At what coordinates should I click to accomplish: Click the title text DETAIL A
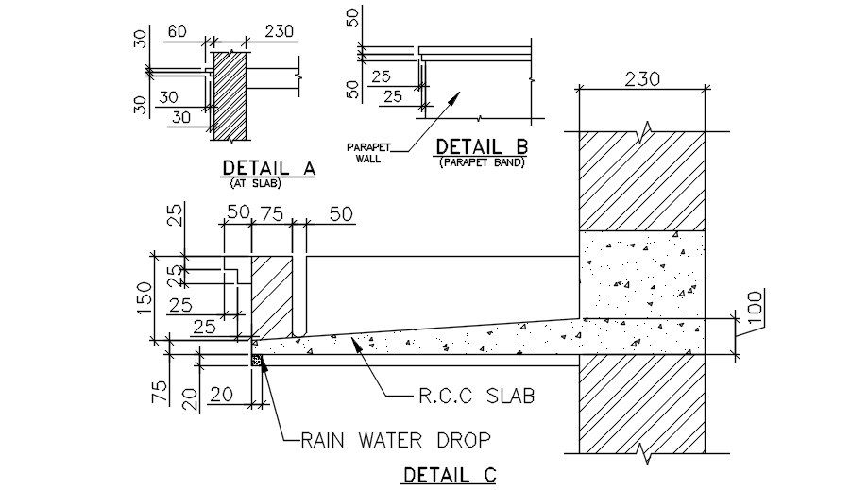click(x=268, y=168)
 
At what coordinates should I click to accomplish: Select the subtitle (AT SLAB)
click(x=255, y=183)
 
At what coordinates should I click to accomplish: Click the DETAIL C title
click(x=450, y=475)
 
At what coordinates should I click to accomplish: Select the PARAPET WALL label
click(x=366, y=153)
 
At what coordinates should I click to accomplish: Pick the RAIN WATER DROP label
click(x=396, y=439)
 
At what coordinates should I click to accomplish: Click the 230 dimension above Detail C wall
click(x=642, y=81)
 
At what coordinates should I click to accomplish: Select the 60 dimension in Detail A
click(x=177, y=32)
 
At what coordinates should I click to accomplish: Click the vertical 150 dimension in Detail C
click(x=143, y=296)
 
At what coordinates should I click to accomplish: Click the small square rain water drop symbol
click(x=254, y=359)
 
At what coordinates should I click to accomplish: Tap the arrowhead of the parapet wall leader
click(x=457, y=95)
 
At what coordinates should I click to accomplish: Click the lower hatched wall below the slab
click(x=642, y=406)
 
